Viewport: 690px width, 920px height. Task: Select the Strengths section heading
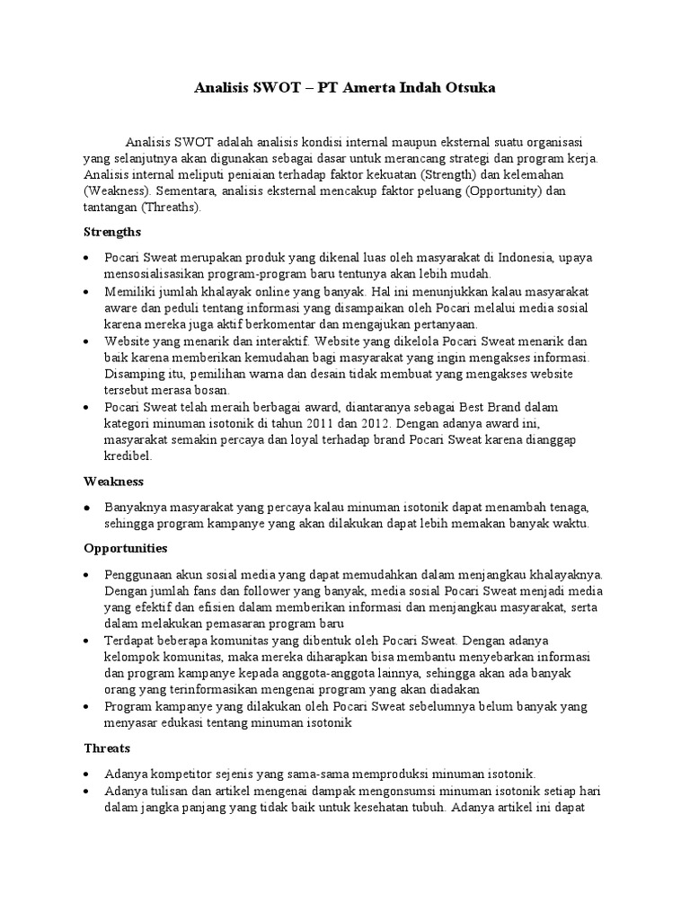click(112, 232)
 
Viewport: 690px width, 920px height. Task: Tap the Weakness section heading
click(114, 482)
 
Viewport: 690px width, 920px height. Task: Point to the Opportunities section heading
click(126, 548)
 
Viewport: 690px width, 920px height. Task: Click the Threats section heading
click(107, 747)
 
